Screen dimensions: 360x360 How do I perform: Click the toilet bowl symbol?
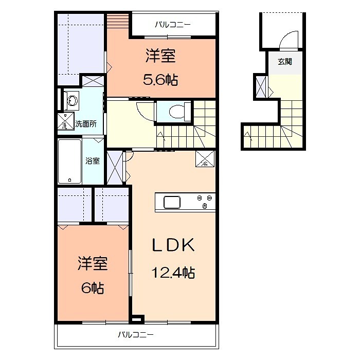click(x=177, y=112)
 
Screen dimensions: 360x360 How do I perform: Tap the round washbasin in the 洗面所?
click(x=73, y=101)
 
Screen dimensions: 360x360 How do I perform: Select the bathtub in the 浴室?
click(x=69, y=161)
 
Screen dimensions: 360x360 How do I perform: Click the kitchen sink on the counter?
click(x=172, y=202)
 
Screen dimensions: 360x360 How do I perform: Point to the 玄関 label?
click(x=285, y=62)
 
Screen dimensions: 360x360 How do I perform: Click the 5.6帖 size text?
click(x=160, y=80)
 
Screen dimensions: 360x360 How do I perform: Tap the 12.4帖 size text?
click(x=173, y=273)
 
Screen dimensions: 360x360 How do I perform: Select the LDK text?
click(x=173, y=245)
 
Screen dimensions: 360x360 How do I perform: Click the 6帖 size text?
click(x=93, y=288)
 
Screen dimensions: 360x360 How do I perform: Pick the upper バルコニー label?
click(x=173, y=24)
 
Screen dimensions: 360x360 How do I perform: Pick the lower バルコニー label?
click(x=136, y=334)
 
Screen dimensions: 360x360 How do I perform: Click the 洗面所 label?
click(x=86, y=124)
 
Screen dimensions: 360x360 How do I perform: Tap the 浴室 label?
click(x=93, y=160)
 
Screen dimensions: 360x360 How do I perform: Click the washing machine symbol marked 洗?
click(x=66, y=121)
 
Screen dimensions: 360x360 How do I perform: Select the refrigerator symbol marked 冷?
click(x=205, y=158)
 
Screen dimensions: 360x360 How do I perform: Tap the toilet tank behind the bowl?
click(x=188, y=112)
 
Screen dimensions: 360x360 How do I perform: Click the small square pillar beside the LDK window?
click(x=137, y=319)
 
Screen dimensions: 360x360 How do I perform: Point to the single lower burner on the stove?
click(x=205, y=206)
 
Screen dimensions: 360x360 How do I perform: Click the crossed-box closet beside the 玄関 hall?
click(x=261, y=87)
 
